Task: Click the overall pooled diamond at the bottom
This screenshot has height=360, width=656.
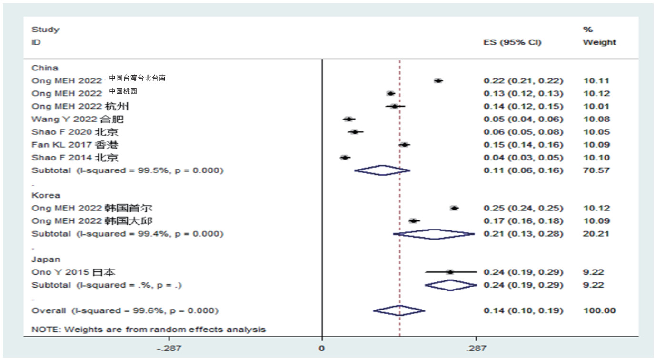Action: click(x=399, y=311)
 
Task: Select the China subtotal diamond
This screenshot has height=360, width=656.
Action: click(x=382, y=170)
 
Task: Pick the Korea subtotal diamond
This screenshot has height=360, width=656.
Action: click(x=434, y=234)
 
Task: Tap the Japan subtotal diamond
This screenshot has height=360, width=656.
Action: click(x=450, y=285)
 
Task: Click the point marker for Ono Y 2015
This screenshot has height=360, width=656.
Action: click(x=450, y=272)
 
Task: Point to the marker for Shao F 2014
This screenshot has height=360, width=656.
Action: click(x=345, y=158)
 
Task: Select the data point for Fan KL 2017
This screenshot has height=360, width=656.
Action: click(x=404, y=145)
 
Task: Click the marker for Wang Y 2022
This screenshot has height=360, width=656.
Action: click(x=349, y=119)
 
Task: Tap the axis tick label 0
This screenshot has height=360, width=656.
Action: click(x=322, y=349)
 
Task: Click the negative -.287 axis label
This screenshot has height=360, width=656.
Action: click(x=169, y=349)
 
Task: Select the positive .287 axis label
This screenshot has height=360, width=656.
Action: click(x=476, y=349)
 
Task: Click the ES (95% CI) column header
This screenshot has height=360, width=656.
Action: click(x=512, y=42)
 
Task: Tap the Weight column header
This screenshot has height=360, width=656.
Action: click(x=599, y=42)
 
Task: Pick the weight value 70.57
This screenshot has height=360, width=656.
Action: click(x=596, y=170)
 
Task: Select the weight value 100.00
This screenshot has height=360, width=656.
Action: click(x=599, y=311)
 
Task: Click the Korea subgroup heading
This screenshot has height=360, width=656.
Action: click(x=46, y=195)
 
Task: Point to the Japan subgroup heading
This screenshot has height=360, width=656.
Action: click(x=46, y=260)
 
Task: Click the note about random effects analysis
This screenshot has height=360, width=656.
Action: click(x=149, y=329)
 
